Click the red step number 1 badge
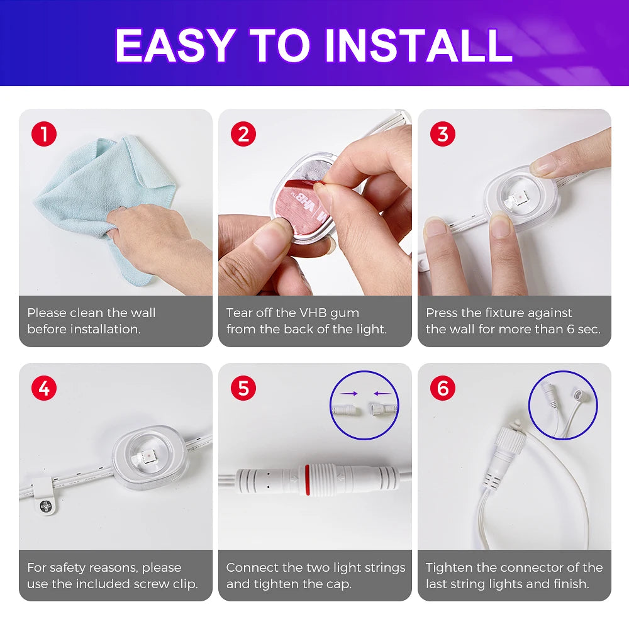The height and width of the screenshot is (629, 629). pos(44,134)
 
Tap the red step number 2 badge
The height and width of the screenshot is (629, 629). pos(243,134)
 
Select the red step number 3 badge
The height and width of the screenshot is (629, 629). pos(442,134)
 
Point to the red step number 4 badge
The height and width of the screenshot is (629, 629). pos(44,388)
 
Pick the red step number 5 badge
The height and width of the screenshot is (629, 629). pos(243,388)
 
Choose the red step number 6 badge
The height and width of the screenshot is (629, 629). pos(442,388)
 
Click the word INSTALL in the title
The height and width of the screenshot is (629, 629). pos(418,45)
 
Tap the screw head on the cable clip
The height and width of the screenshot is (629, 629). pos(46,506)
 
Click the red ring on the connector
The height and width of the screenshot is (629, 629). pos(308,479)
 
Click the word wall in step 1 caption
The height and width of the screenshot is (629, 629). pos(142,313)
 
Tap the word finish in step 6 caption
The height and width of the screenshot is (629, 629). pos(571,584)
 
